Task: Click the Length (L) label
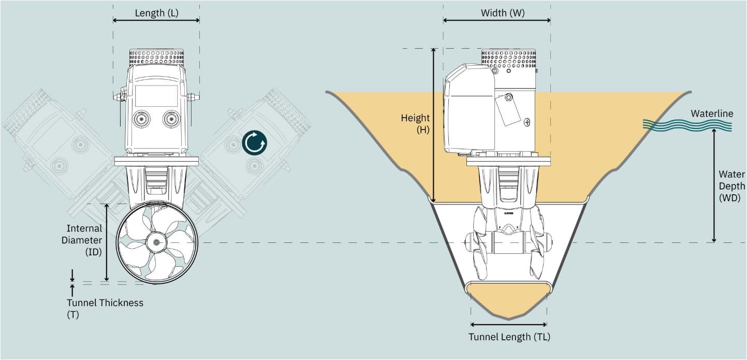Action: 156,13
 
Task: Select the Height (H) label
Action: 416,124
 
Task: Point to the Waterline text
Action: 712,113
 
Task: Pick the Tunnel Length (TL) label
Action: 509,337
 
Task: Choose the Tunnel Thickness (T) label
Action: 105,308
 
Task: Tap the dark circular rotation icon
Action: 255,143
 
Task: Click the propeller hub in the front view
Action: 156,242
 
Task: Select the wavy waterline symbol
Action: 687,124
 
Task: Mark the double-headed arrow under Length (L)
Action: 156,21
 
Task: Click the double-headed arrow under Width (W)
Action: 496,21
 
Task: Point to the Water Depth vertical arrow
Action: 714,185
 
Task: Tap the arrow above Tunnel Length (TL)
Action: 509,325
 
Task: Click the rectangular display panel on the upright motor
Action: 156,96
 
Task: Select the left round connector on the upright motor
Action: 141,120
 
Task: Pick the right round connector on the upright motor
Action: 171,120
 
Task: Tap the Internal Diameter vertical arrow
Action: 107,242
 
